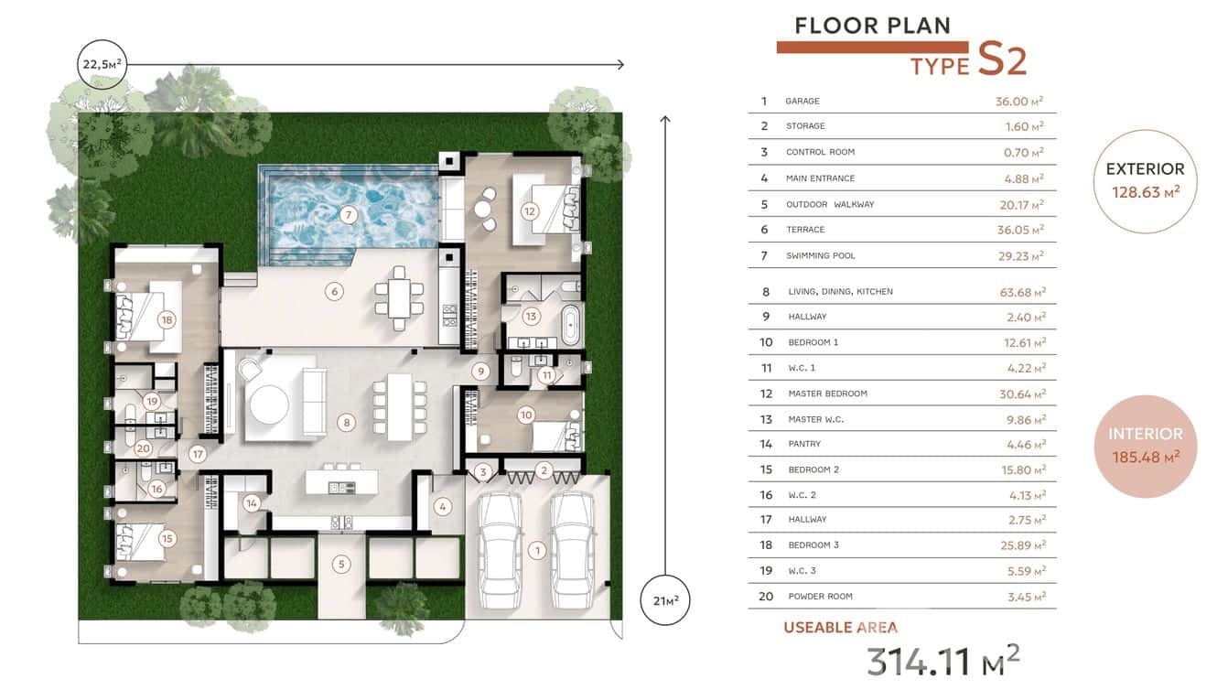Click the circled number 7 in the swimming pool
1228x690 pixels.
point(347,215)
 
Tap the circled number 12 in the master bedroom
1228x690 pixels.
point(529,210)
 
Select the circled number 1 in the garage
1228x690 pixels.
point(537,550)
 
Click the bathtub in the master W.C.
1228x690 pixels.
point(570,325)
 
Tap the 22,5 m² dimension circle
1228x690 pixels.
point(102,64)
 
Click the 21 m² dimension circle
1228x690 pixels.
point(665,600)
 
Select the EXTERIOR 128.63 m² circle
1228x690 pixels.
point(1145,180)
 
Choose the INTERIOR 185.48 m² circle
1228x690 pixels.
point(1145,446)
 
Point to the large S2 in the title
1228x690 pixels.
point(1002,59)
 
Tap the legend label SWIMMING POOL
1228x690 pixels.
point(820,255)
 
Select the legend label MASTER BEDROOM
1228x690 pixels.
point(827,394)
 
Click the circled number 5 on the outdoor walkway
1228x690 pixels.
point(340,564)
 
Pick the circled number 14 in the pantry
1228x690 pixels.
point(252,502)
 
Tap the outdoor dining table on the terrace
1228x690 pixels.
point(399,297)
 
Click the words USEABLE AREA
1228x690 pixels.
point(840,628)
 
